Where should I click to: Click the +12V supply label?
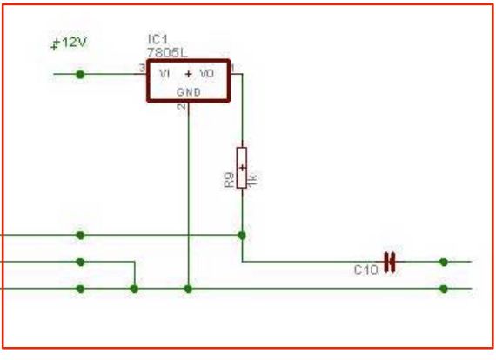[71, 43]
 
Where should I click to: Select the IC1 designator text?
[157, 40]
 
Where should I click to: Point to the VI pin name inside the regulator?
[164, 75]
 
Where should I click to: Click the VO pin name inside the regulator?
[207, 75]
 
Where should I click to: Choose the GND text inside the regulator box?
[188, 91]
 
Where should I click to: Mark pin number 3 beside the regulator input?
[141, 69]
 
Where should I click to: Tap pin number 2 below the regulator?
[181, 108]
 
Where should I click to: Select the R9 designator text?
[228, 180]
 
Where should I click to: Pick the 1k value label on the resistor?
[253, 179]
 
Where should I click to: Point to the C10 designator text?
[365, 270]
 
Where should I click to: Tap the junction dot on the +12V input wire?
[81, 75]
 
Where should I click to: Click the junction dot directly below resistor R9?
[242, 235]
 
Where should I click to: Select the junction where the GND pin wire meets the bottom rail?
[188, 289]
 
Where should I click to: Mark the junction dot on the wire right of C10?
[444, 262]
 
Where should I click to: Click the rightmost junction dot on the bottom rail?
[444, 289]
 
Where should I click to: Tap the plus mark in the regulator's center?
[188, 75]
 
